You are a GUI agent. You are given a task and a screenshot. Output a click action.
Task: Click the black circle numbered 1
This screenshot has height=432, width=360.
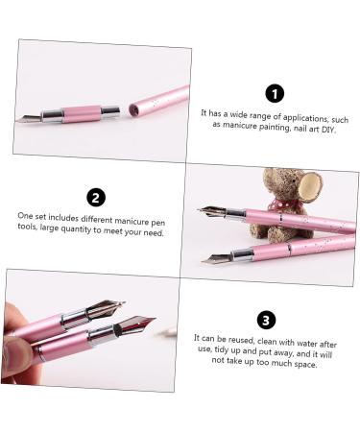click(x=276, y=93)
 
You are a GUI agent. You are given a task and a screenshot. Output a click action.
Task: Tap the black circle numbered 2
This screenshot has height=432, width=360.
click(x=95, y=198)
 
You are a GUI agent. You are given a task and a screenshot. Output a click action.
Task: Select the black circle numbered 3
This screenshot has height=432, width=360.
click(x=268, y=320)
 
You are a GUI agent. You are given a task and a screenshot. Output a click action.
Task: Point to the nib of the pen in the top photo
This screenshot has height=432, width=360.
click(x=27, y=119)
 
